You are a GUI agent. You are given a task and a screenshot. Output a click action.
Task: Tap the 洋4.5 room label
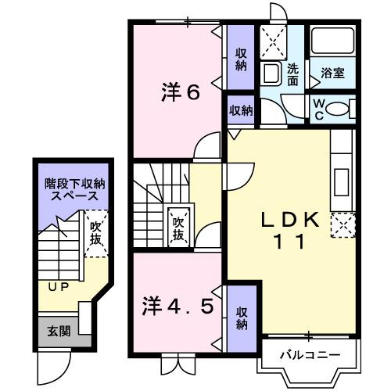pos(178,305)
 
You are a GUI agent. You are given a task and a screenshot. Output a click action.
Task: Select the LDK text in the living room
pos(289,221)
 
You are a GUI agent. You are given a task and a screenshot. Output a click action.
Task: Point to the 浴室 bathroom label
pos(333,74)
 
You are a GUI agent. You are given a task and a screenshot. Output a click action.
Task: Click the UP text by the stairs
pos(58,286)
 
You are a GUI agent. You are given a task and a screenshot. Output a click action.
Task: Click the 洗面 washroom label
pos(292,74)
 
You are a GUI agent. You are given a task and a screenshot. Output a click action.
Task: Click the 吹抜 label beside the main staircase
pos(178,227)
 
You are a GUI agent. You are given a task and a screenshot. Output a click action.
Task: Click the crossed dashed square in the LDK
pos(343,224)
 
